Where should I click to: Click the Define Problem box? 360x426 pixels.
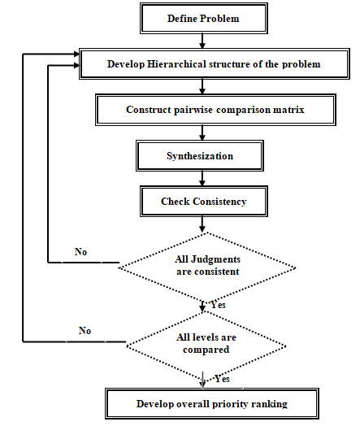(x=204, y=19)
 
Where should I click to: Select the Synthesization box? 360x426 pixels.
(x=200, y=155)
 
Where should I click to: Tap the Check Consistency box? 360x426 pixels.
(x=204, y=202)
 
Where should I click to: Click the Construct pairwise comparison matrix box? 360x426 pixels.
(x=215, y=110)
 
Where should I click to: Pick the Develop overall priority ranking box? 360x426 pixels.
(x=212, y=404)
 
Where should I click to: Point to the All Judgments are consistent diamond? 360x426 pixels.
(x=207, y=268)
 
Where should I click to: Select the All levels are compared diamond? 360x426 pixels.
(x=206, y=346)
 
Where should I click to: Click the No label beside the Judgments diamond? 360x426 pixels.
(x=80, y=252)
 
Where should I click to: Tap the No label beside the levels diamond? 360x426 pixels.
(x=85, y=331)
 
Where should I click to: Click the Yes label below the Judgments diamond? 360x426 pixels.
(x=218, y=305)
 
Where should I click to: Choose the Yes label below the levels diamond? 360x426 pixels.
(x=222, y=379)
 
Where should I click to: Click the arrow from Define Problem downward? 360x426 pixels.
(x=202, y=41)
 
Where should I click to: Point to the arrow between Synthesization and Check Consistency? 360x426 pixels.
(x=202, y=179)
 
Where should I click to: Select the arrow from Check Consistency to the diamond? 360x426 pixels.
(x=202, y=224)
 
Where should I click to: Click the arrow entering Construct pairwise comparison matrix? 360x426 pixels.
(x=202, y=87)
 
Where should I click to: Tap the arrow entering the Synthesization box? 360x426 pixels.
(x=202, y=133)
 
